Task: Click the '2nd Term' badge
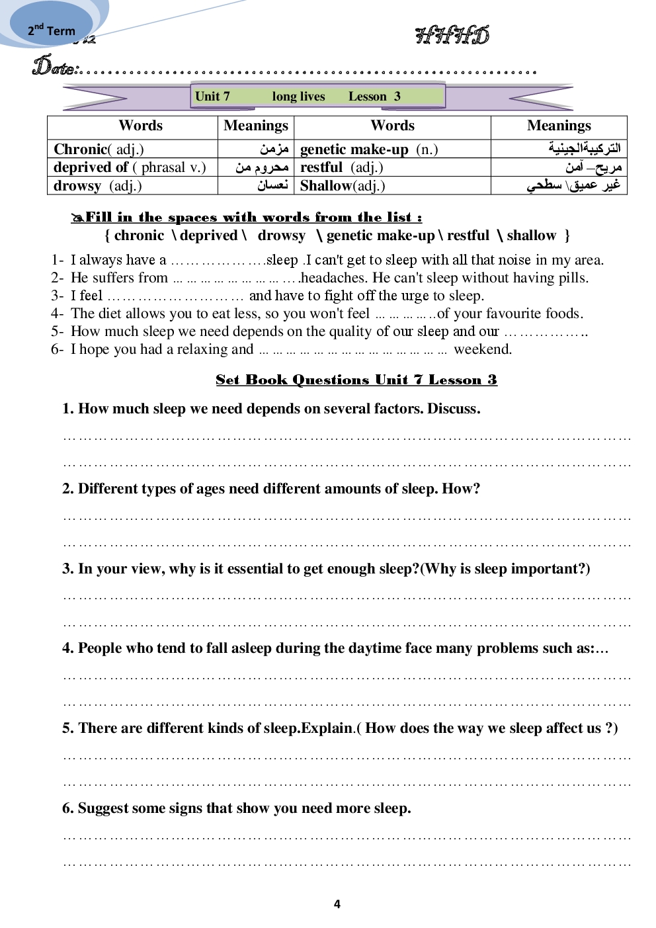51,30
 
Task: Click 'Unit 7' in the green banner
212,97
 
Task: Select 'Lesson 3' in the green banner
374,97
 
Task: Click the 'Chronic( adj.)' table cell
99,149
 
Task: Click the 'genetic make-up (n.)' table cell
369,149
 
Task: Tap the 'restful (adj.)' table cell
342,167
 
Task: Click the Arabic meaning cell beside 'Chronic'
274,149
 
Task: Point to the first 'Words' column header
140,126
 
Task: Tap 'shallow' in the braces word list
531,235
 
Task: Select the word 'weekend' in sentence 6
482,349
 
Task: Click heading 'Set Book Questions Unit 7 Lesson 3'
356,380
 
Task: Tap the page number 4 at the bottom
337,904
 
